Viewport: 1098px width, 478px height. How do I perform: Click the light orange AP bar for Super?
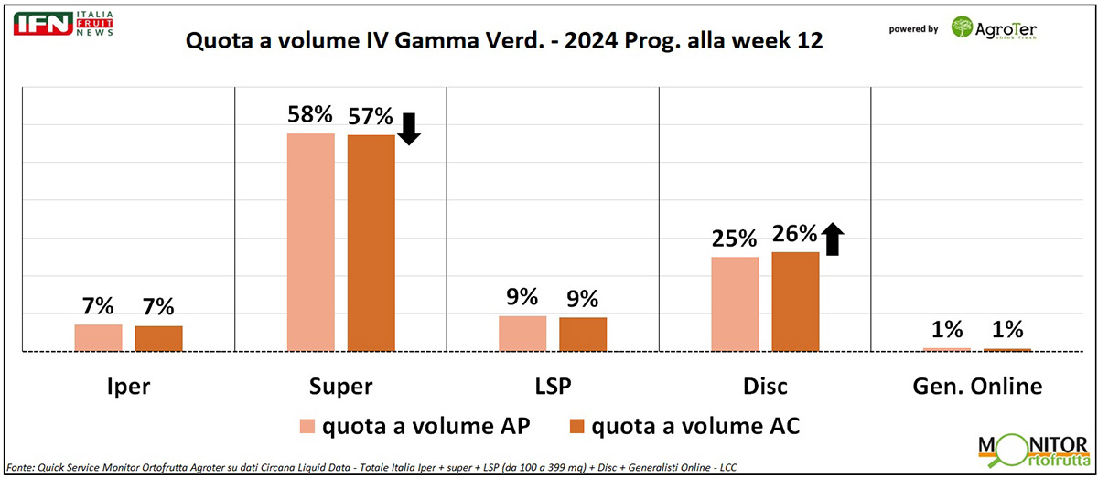[311, 242]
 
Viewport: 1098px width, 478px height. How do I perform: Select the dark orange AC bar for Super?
[371, 243]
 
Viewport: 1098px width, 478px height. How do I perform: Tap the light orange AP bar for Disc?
[735, 303]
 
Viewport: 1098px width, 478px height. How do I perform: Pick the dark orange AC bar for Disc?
[795, 301]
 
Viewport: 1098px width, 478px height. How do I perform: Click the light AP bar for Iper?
[98, 337]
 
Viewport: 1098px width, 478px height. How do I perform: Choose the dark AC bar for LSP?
[583, 334]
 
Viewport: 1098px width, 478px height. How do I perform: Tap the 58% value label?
[310, 115]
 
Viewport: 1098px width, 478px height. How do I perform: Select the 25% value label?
[735, 239]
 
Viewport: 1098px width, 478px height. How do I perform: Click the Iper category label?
[127, 386]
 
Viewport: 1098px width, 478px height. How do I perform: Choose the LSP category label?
[551, 386]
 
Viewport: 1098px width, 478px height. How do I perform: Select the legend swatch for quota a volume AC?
[576, 425]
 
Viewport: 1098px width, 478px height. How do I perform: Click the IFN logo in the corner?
[42, 23]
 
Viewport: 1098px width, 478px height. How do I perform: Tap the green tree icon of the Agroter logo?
[963, 27]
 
